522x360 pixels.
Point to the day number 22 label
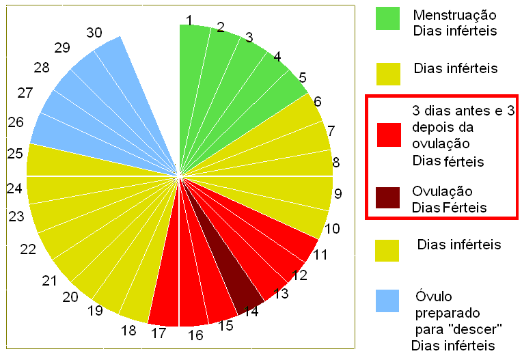click(x=28, y=249)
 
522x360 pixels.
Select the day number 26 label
click(x=16, y=122)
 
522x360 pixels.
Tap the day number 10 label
click(x=333, y=228)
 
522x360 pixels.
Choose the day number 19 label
click(x=95, y=311)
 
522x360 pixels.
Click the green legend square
click(x=387, y=18)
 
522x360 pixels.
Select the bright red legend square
click(x=387, y=135)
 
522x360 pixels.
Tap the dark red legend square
click(x=387, y=198)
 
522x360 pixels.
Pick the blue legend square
click(x=387, y=302)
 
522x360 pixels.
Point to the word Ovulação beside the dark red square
click(x=442, y=191)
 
